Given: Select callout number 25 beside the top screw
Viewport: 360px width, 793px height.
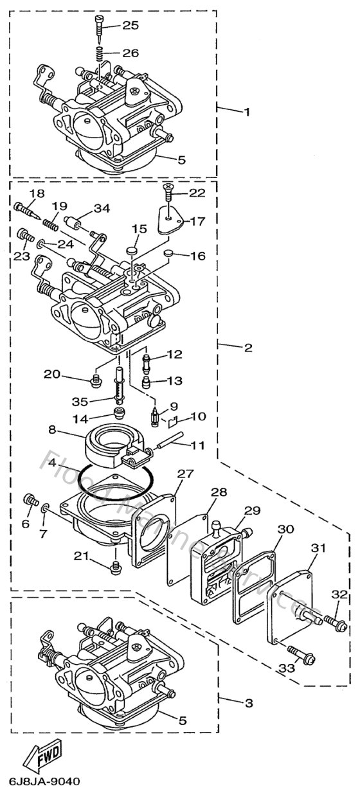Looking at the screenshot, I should click(130, 26).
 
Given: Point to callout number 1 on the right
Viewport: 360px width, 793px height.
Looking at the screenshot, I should click(246, 111).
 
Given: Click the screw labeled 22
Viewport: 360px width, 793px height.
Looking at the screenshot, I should click(168, 189).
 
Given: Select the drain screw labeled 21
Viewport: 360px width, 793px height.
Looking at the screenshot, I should click(116, 566).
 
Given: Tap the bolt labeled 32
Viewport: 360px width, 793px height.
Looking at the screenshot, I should click(336, 622).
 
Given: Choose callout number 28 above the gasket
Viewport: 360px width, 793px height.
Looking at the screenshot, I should click(219, 492).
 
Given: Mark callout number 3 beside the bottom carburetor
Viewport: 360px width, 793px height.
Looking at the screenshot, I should click(248, 703).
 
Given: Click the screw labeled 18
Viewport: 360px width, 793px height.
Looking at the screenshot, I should click(24, 208).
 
